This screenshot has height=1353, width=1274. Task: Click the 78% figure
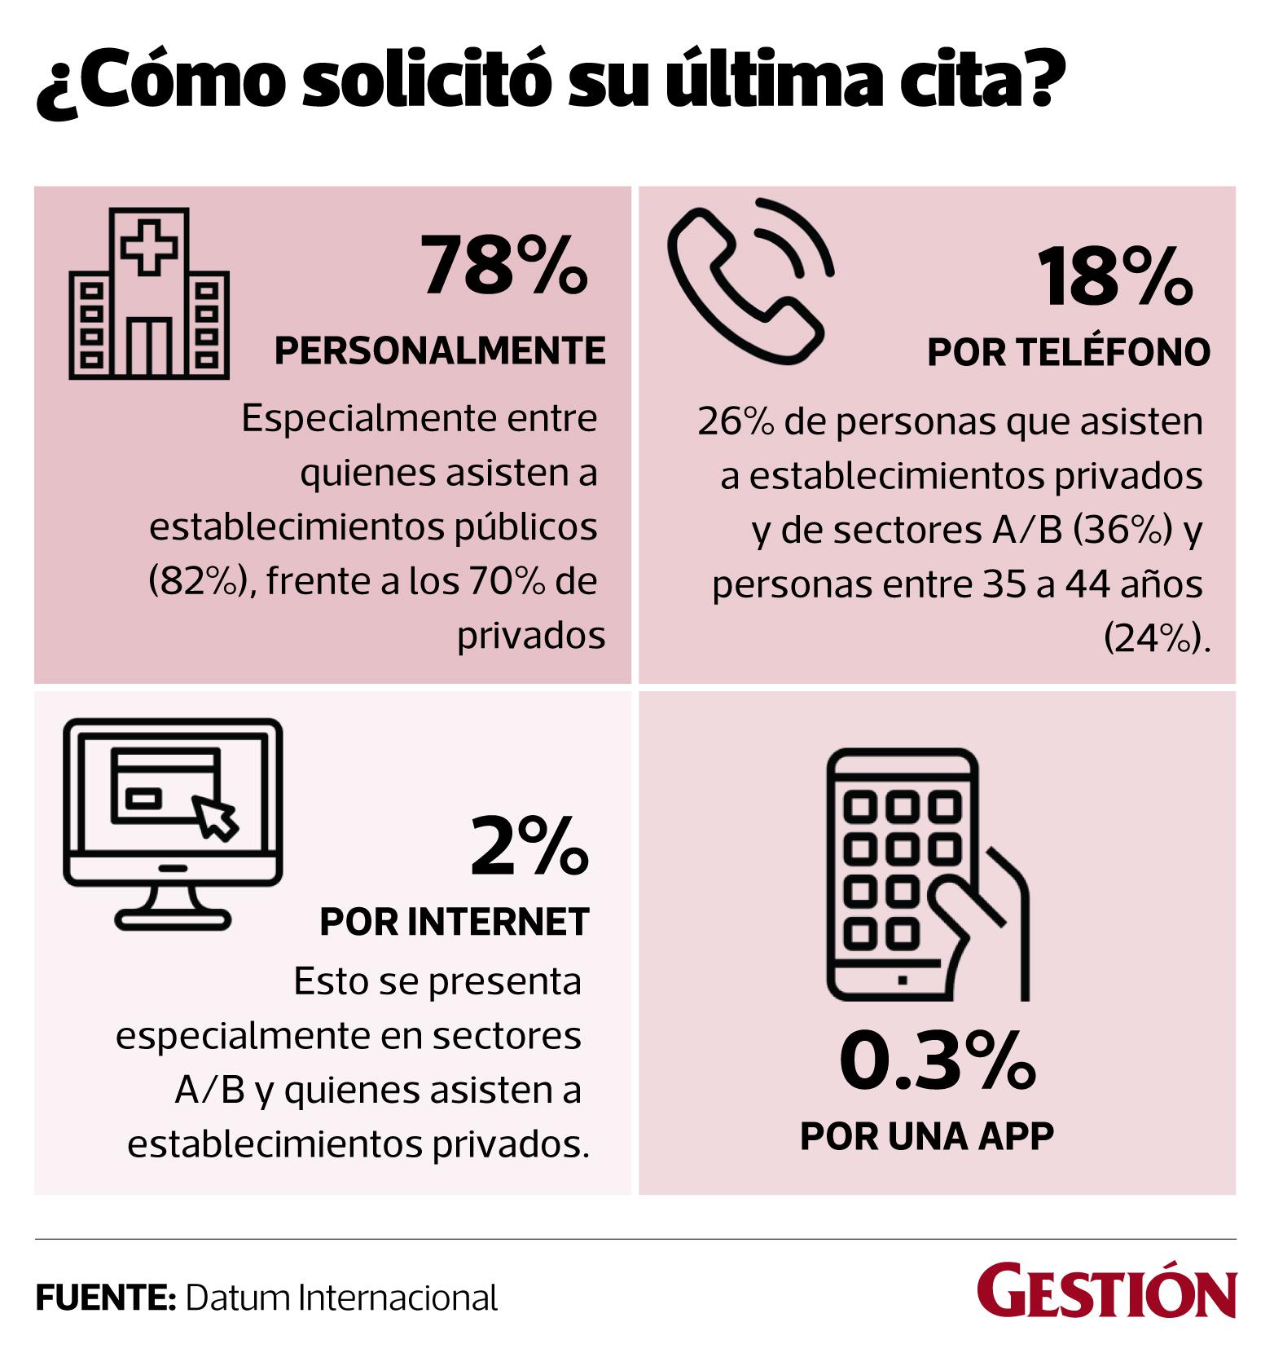[x=503, y=265]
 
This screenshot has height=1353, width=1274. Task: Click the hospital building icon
[x=149, y=293]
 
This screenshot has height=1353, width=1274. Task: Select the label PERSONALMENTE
[x=440, y=350]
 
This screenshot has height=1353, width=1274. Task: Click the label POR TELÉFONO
[x=1069, y=352]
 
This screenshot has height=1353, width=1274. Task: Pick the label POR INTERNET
[x=454, y=922]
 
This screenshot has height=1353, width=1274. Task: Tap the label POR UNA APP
[x=926, y=1135]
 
